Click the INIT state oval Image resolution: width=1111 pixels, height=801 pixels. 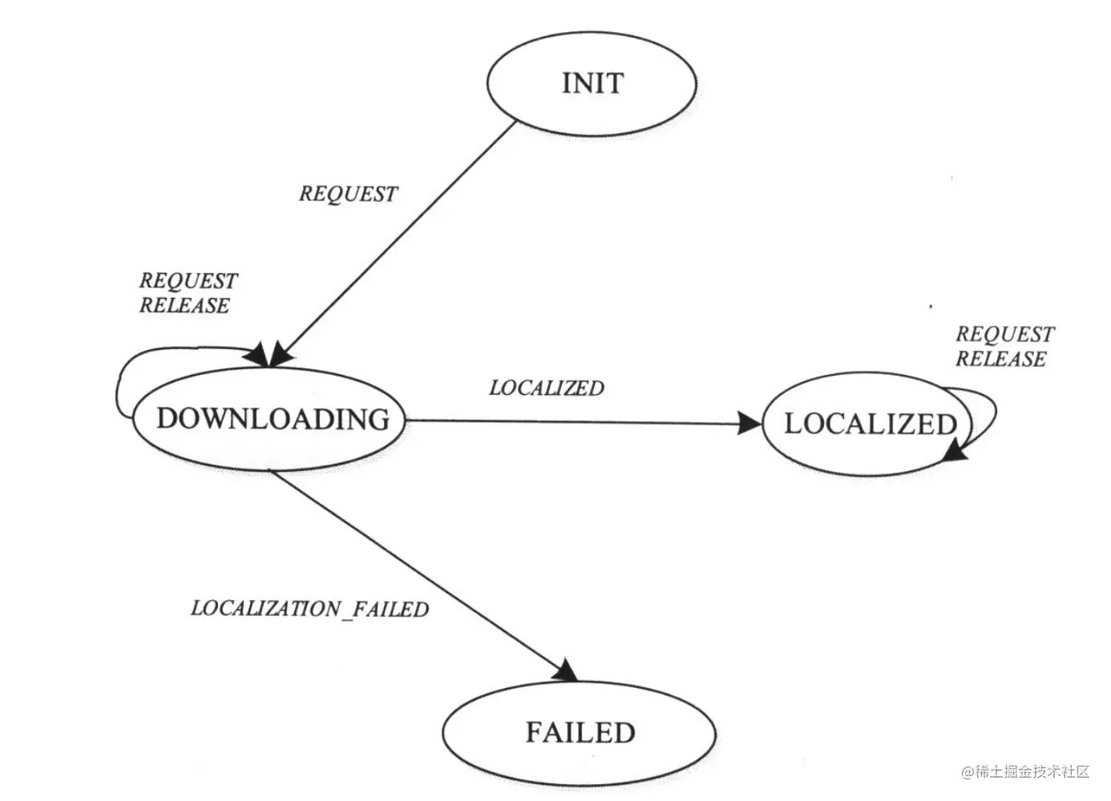pyautogui.click(x=592, y=83)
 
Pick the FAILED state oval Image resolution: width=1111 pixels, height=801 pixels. pyautogui.click(x=579, y=732)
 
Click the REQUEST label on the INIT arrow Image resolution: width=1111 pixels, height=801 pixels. pyautogui.click(x=348, y=194)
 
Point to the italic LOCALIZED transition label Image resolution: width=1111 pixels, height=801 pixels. pyautogui.click(x=547, y=388)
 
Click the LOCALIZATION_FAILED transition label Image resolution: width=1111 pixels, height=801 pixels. pyautogui.click(x=309, y=609)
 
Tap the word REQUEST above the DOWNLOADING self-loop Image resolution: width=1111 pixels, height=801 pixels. pyautogui.click(x=188, y=280)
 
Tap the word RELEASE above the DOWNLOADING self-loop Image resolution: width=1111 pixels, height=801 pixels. pyautogui.click(x=184, y=305)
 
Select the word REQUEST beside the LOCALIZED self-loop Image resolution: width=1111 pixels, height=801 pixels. pyautogui.click(x=1004, y=334)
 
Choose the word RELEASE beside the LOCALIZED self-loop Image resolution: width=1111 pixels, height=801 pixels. pyautogui.click(x=1000, y=359)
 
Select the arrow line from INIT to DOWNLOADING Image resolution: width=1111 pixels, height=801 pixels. pyautogui.click(x=401, y=240)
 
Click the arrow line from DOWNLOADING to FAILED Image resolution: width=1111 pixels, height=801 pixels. pyautogui.click(x=417, y=569)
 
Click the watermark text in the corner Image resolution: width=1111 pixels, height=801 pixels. pyautogui.click(x=1026, y=771)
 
